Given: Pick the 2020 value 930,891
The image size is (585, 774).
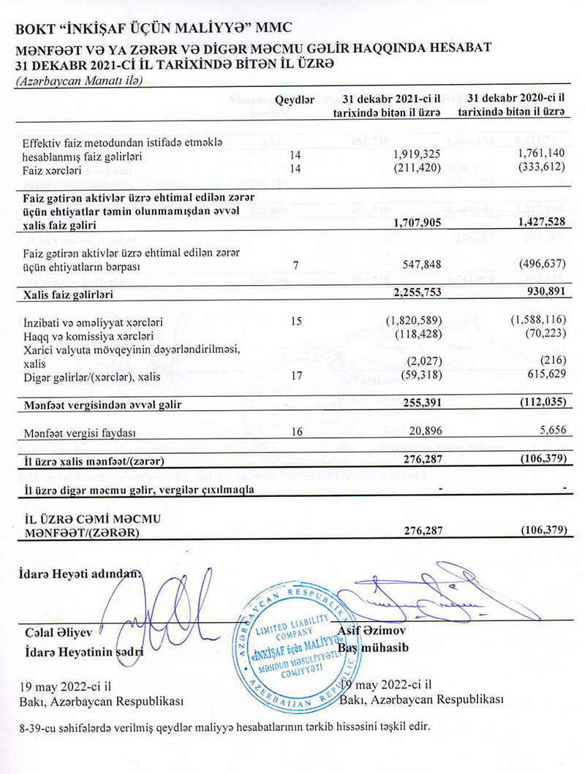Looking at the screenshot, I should click(547, 295).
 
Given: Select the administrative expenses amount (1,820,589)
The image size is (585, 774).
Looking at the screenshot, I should click(413, 322).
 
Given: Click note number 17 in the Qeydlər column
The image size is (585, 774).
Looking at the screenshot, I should click(297, 377).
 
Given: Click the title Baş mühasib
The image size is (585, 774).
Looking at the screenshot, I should click(374, 648).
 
